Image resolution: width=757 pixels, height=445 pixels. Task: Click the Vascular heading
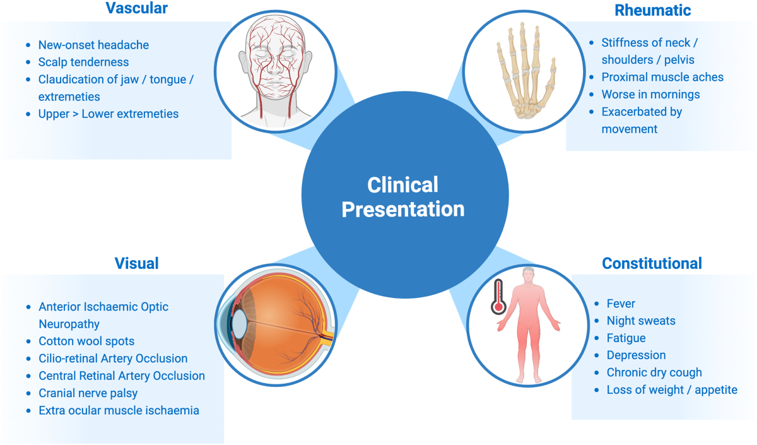[136, 9]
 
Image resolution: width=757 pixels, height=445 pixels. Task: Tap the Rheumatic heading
[652, 10]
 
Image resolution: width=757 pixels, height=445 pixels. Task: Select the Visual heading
[136, 263]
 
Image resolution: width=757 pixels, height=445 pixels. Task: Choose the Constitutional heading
[652, 263]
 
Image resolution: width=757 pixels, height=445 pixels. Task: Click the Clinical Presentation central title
[403, 197]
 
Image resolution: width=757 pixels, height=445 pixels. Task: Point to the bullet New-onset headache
[93, 45]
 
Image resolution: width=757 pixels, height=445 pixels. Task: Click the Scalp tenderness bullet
[83, 62]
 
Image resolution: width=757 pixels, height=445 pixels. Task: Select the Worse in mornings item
[650, 95]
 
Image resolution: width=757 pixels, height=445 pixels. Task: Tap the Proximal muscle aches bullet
[662, 77]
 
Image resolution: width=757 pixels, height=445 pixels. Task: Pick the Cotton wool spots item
[86, 341]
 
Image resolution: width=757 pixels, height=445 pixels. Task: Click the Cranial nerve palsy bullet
[88, 393]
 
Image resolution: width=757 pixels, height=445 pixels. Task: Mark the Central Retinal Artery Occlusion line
[122, 376]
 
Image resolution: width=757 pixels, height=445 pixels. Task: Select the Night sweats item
[641, 321]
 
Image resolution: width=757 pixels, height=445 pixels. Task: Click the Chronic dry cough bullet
[654, 372]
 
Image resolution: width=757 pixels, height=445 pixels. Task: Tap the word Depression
[636, 355]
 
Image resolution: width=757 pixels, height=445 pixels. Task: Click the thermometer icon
[498, 297]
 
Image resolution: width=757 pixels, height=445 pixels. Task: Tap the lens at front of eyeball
[239, 323]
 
